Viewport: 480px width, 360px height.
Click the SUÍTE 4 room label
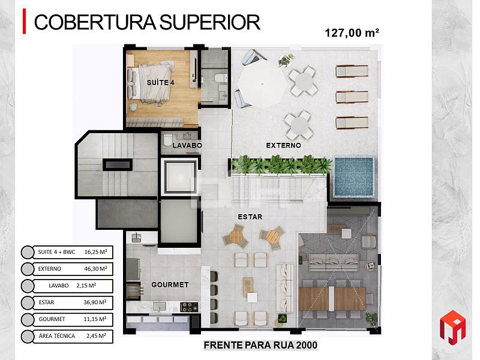tap(160, 82)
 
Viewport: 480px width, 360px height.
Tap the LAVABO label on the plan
tap(187, 145)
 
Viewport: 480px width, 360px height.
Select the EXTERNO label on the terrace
tap(283, 145)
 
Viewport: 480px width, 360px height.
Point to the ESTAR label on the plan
tap(250, 217)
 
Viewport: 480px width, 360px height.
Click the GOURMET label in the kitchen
tap(170, 284)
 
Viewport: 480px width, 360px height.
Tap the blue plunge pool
tap(353, 176)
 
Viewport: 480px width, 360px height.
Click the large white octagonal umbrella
tap(262, 83)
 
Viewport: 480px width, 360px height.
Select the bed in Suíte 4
tap(151, 83)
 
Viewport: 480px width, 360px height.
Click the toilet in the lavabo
tap(167, 140)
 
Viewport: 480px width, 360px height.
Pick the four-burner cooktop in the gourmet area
tap(189, 307)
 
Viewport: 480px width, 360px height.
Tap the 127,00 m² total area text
tap(352, 33)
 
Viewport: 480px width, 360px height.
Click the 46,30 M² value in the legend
tap(95, 269)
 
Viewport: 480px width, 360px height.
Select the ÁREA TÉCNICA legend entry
tap(57, 336)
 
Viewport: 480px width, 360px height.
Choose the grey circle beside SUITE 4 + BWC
tap(28, 252)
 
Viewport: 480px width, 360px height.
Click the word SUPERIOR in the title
tap(209, 22)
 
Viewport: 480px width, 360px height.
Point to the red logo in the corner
tap(453, 327)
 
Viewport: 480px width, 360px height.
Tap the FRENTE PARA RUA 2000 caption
tap(260, 345)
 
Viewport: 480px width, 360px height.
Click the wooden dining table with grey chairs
tap(332, 298)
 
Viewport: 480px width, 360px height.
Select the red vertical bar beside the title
tap(24, 21)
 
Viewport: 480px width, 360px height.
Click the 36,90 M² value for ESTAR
tap(95, 302)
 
